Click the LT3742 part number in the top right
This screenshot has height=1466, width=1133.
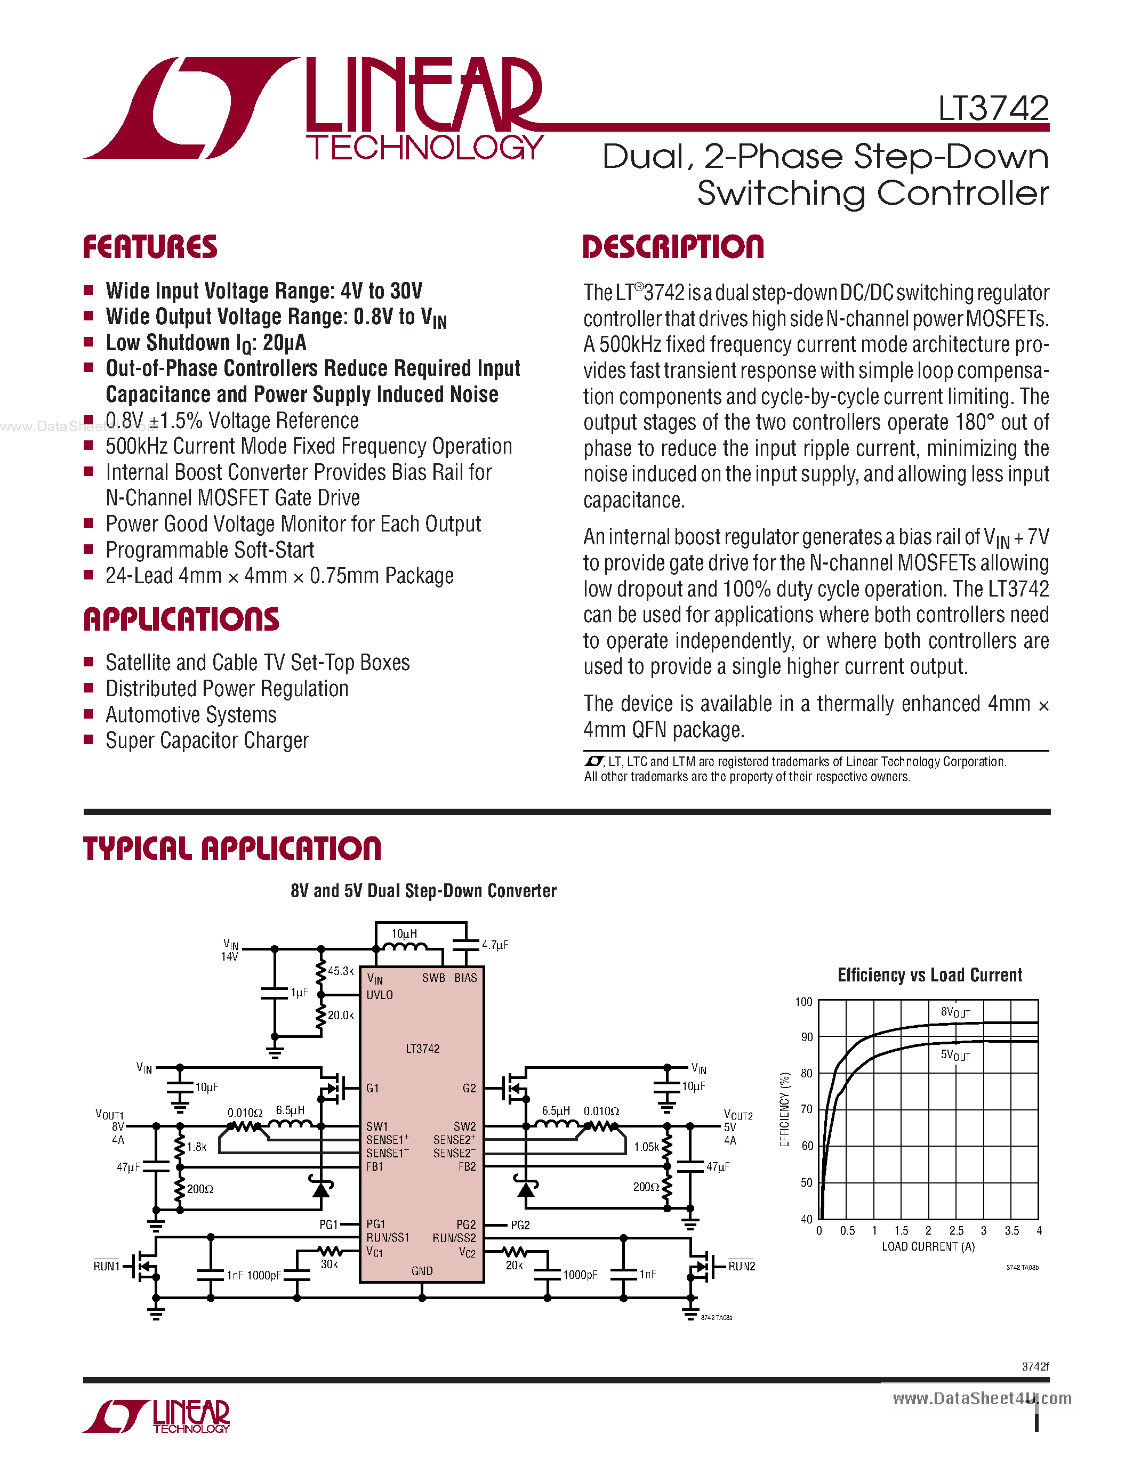coord(993,108)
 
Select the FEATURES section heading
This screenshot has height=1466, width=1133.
coord(150,247)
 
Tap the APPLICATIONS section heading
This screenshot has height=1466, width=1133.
coord(181,619)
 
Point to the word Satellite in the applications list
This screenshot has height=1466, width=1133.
coord(137,663)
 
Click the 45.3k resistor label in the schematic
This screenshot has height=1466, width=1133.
coord(340,971)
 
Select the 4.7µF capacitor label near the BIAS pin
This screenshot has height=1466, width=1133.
coord(495,945)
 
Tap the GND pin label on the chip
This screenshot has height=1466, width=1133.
coord(422,1271)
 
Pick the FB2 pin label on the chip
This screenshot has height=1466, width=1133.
coord(467,1166)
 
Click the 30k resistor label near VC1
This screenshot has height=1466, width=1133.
coord(329,1264)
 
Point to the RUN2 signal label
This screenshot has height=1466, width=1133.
coord(742,1266)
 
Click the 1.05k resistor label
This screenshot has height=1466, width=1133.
coord(646,1147)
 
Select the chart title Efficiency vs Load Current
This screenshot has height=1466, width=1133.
coord(930,976)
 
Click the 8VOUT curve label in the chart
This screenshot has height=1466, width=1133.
coord(955,1012)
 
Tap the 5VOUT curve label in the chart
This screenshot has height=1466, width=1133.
coord(955,1055)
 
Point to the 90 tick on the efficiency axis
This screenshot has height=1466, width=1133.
coord(806,1037)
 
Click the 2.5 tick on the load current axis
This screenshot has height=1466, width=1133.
coord(956,1230)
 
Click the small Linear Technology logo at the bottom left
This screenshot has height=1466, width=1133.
coord(156,1416)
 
